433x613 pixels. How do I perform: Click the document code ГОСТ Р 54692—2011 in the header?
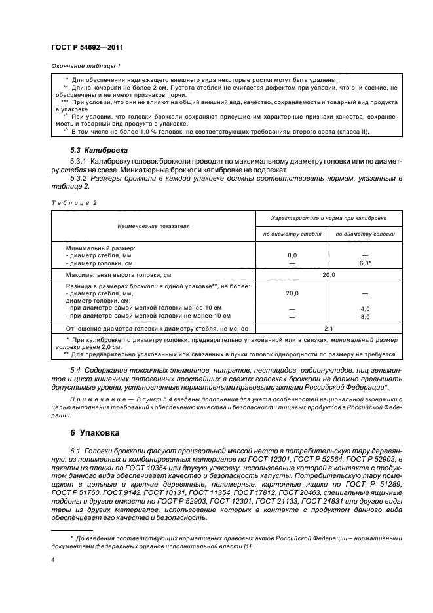pyautogui.click(x=87, y=48)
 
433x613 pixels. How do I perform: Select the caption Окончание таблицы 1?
pyautogui.click(x=85, y=65)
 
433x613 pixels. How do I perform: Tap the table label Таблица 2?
pyautogui.click(x=73, y=202)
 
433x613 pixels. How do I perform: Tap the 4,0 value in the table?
pyautogui.click(x=365, y=308)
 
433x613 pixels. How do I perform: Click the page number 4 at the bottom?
pyautogui.click(x=53, y=560)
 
